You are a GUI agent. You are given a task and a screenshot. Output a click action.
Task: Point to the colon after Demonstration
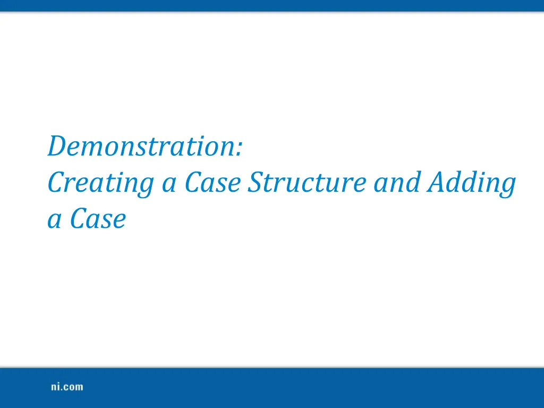241,150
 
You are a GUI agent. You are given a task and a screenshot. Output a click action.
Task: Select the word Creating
100,183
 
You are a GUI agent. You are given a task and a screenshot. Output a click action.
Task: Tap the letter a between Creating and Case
169,185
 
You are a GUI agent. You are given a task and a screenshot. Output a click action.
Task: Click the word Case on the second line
214,183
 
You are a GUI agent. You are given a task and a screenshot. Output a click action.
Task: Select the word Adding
472,183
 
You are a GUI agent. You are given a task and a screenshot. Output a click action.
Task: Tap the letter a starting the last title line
54,222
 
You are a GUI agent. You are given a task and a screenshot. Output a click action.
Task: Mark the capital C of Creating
56,183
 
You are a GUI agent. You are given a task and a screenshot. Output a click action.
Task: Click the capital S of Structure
257,183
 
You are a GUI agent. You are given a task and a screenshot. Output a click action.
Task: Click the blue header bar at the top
272,5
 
